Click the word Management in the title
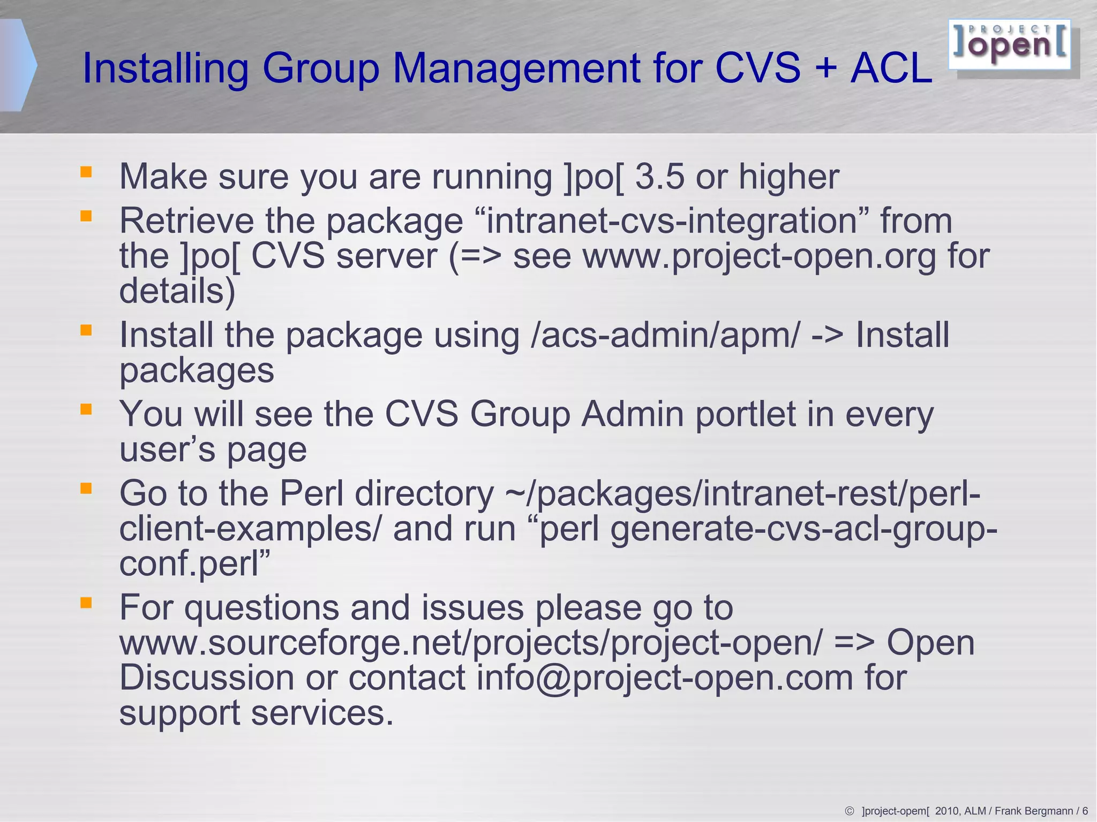point(517,68)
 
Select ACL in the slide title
point(891,68)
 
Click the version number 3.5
point(659,177)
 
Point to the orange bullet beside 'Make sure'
point(86,172)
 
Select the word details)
point(177,291)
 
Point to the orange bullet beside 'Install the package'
point(86,330)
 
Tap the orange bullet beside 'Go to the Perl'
point(86,488)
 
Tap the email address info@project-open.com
point(664,678)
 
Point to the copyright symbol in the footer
point(849,811)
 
